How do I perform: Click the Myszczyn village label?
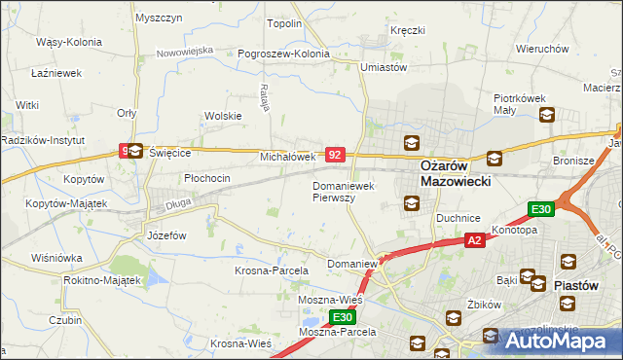(159, 18)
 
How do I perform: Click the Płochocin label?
(206, 178)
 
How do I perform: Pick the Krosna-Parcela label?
(272, 270)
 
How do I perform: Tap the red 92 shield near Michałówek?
(335, 154)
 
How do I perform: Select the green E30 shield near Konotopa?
(541, 209)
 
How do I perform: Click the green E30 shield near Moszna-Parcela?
(341, 317)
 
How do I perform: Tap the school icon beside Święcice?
(135, 151)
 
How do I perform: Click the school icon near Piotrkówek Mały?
(545, 116)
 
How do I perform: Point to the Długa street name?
(177, 203)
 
